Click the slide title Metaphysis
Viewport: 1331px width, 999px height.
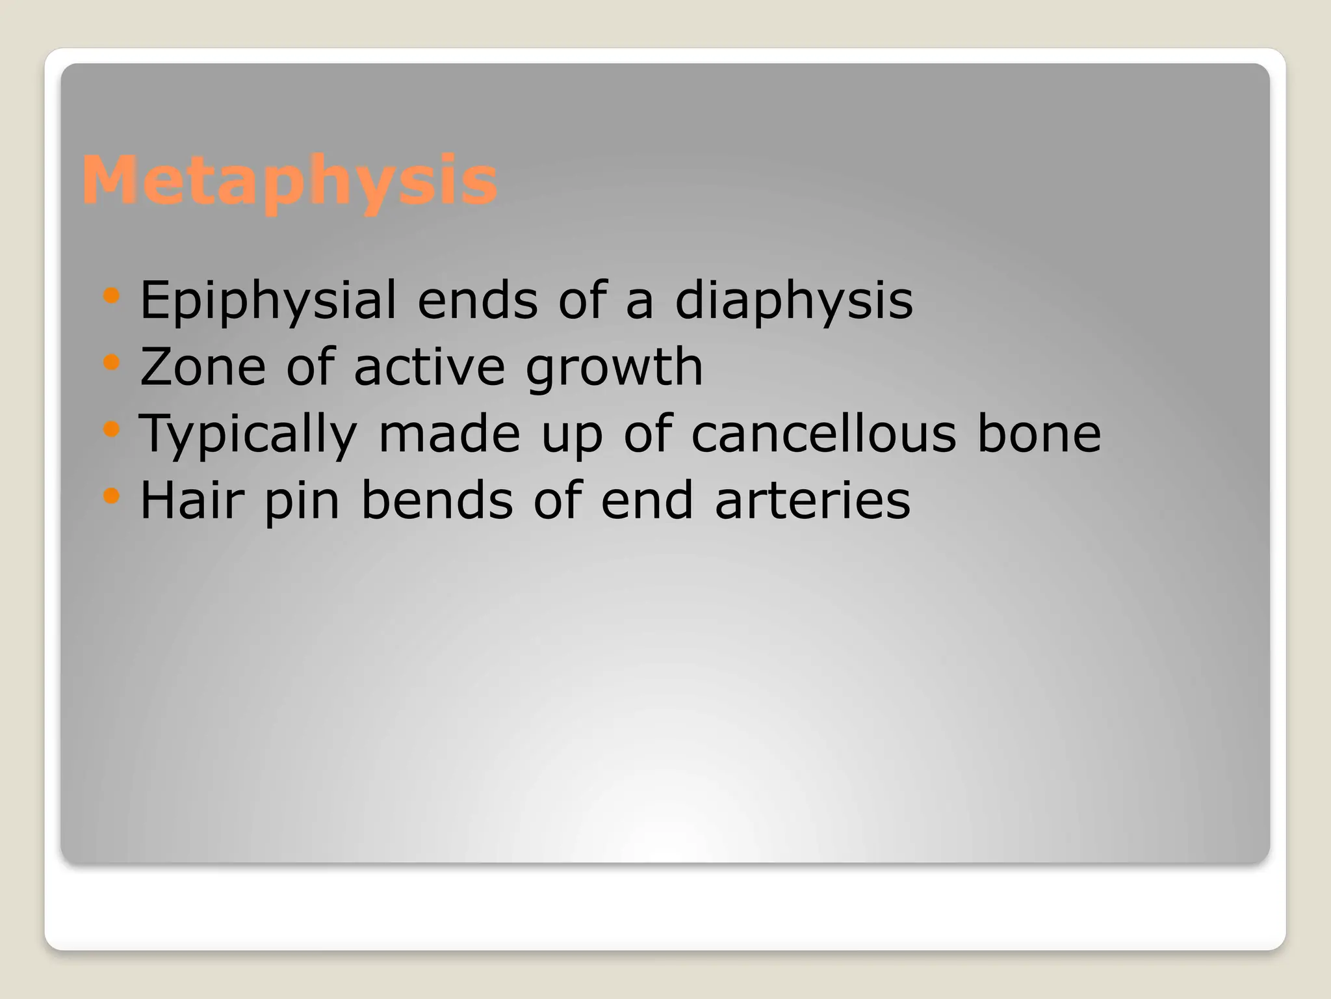pyautogui.click(x=290, y=180)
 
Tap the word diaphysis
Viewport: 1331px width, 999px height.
pyautogui.click(x=794, y=300)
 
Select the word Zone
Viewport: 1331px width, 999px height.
pyautogui.click(x=203, y=367)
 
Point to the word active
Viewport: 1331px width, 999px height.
pyautogui.click(x=429, y=367)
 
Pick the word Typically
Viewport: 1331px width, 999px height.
pyautogui.click(x=248, y=434)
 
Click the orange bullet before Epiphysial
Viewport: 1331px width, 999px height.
pyautogui.click(x=112, y=297)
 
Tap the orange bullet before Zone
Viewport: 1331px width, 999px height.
pyautogui.click(x=112, y=362)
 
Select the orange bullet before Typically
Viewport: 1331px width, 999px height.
pyautogui.click(x=112, y=429)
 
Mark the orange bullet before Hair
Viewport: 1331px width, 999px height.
pyautogui.click(x=112, y=496)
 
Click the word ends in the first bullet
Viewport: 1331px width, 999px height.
pyautogui.click(x=478, y=300)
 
